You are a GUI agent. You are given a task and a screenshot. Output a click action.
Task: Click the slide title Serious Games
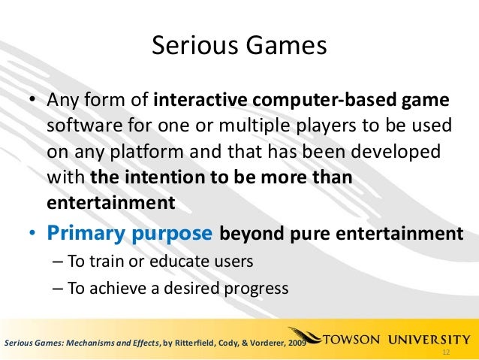(x=239, y=47)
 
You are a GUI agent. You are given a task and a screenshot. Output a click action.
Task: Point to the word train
(x=103, y=262)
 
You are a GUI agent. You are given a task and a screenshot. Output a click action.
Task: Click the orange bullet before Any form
(x=32, y=101)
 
